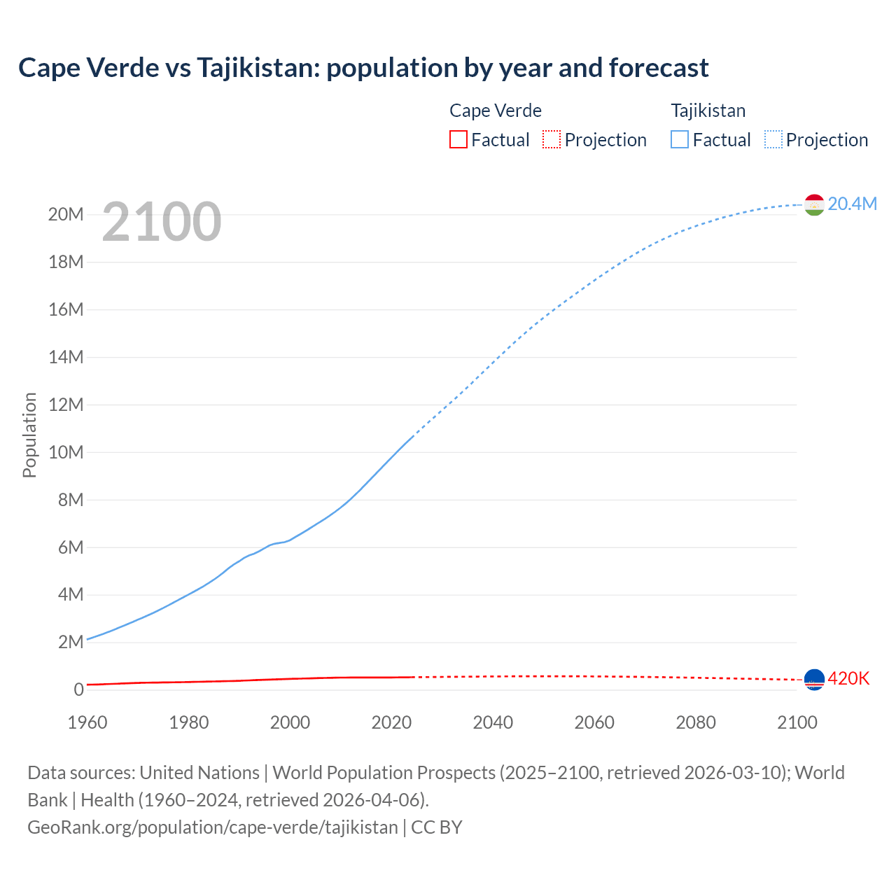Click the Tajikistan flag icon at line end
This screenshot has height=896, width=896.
click(x=814, y=204)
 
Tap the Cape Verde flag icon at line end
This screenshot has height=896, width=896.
click(x=814, y=679)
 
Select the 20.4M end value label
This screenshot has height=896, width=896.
click(x=852, y=204)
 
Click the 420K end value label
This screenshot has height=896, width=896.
click(x=848, y=678)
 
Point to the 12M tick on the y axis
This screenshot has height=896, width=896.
click(x=66, y=405)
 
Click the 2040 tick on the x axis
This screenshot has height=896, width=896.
click(x=493, y=722)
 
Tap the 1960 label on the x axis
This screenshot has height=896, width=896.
click(x=87, y=722)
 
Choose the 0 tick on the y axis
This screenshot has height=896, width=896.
click(x=78, y=689)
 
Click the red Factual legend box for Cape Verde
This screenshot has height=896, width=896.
click(x=458, y=139)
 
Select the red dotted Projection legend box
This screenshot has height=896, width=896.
click(x=552, y=139)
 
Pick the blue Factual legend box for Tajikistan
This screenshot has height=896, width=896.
click(x=680, y=139)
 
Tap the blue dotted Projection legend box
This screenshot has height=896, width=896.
click(x=773, y=139)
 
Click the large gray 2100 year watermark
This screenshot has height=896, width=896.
click(x=162, y=222)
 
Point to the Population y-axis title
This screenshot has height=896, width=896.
click(x=29, y=435)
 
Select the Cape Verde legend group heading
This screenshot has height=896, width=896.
click(x=495, y=111)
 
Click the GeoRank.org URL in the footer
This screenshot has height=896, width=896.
click(x=212, y=827)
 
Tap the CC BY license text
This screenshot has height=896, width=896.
click(x=437, y=827)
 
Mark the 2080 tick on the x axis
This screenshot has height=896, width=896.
click(x=696, y=722)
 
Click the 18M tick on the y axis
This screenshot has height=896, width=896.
click(x=66, y=262)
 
